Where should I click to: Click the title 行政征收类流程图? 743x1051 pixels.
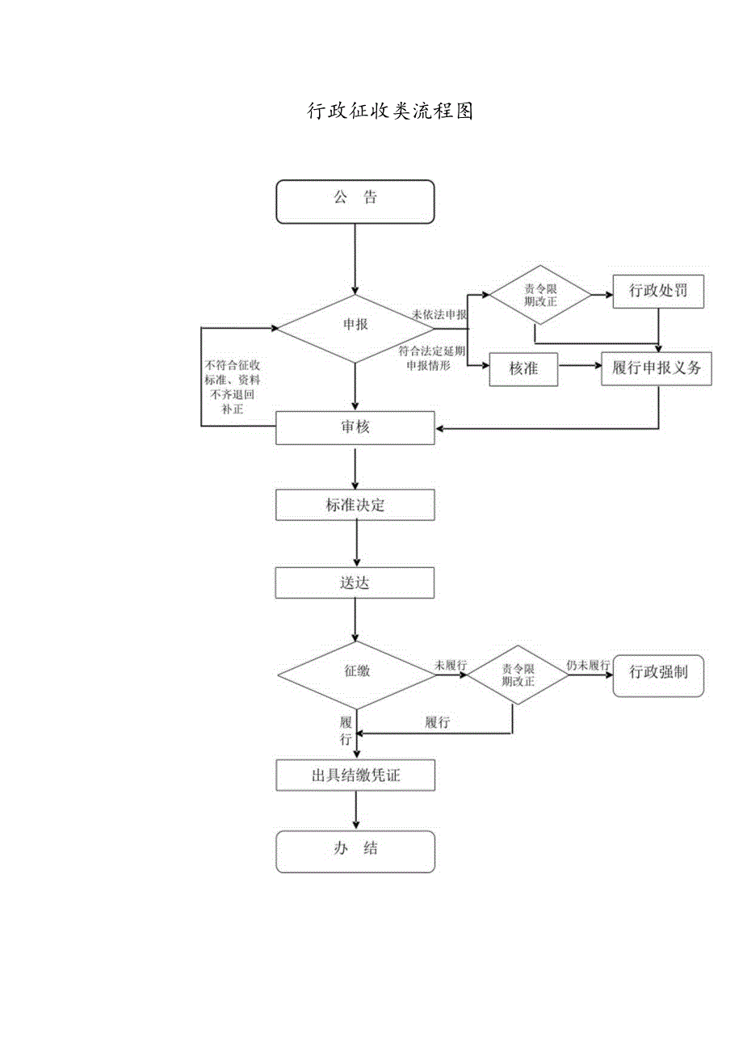[390, 111]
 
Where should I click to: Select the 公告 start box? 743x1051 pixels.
[355, 201]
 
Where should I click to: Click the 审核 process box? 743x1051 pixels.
[355, 428]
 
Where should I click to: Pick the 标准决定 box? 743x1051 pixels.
[355, 506]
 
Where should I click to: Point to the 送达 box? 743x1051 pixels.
[355, 582]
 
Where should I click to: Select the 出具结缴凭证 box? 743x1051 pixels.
[355, 776]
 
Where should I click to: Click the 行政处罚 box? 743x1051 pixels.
[658, 292]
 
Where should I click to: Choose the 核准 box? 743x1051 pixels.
[523, 369]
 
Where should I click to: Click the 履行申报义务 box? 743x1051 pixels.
[657, 369]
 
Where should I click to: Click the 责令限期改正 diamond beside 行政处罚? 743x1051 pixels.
[536, 295]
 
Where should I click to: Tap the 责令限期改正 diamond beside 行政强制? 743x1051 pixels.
[518, 675]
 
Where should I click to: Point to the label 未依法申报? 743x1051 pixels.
[439, 314]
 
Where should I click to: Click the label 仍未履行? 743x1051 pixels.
[588, 666]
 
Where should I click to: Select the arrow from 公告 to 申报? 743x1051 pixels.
[355, 259]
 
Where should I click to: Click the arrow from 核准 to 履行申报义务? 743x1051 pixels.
[580, 366]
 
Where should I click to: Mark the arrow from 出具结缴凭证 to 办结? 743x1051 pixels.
[355, 809]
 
